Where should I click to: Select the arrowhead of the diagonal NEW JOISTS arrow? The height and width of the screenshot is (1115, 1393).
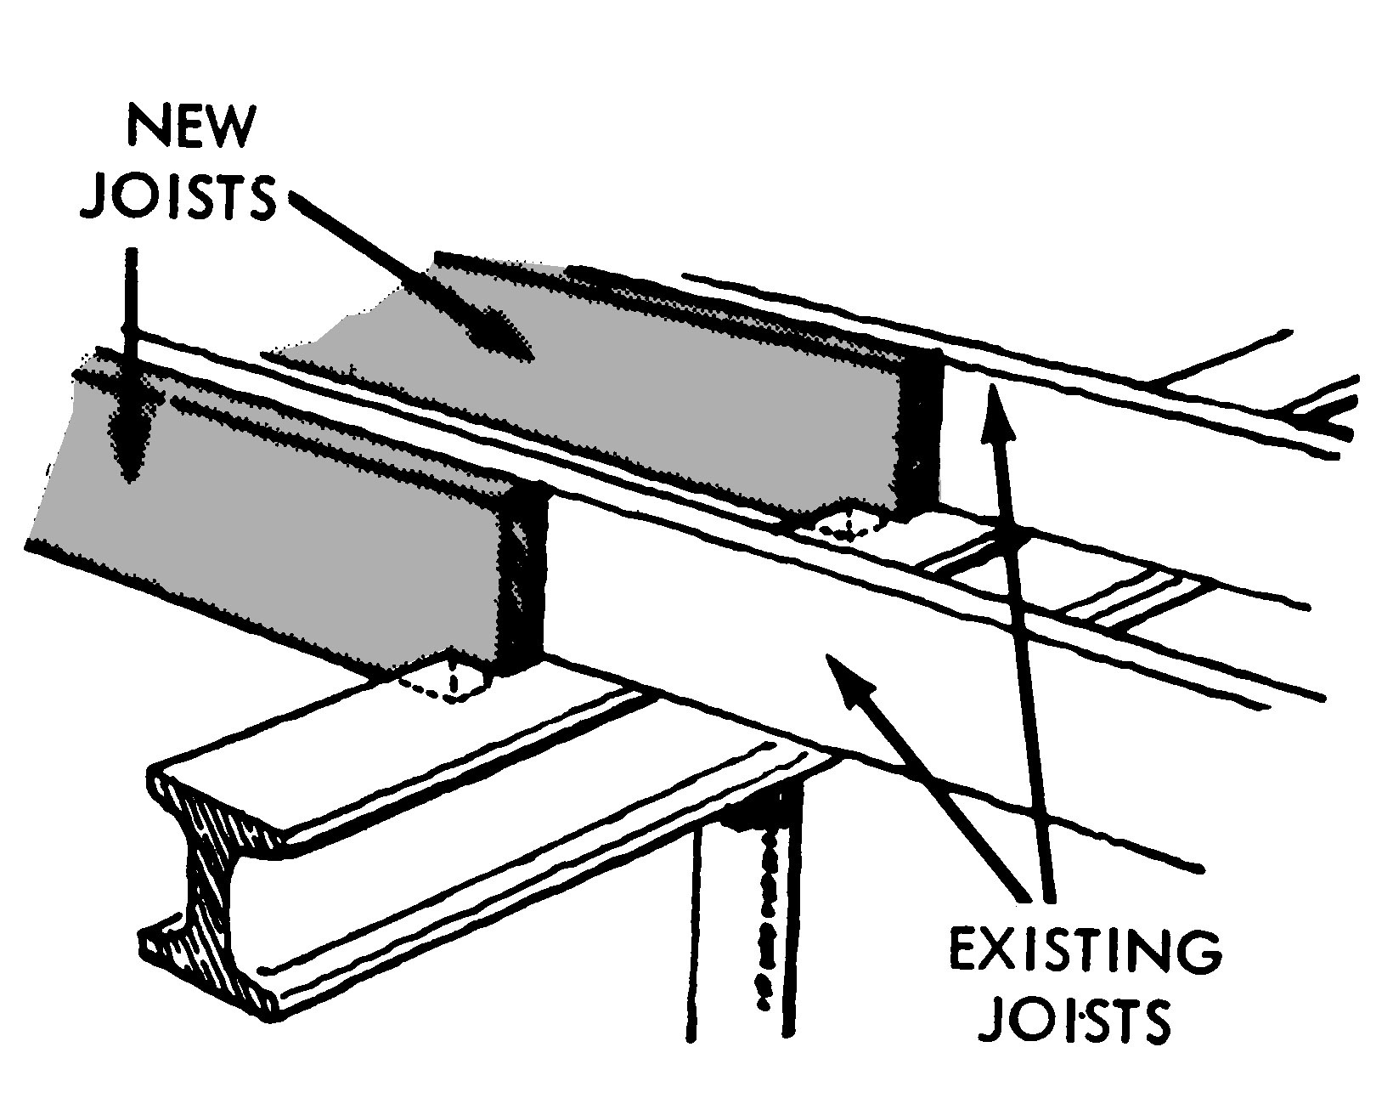tap(501, 340)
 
